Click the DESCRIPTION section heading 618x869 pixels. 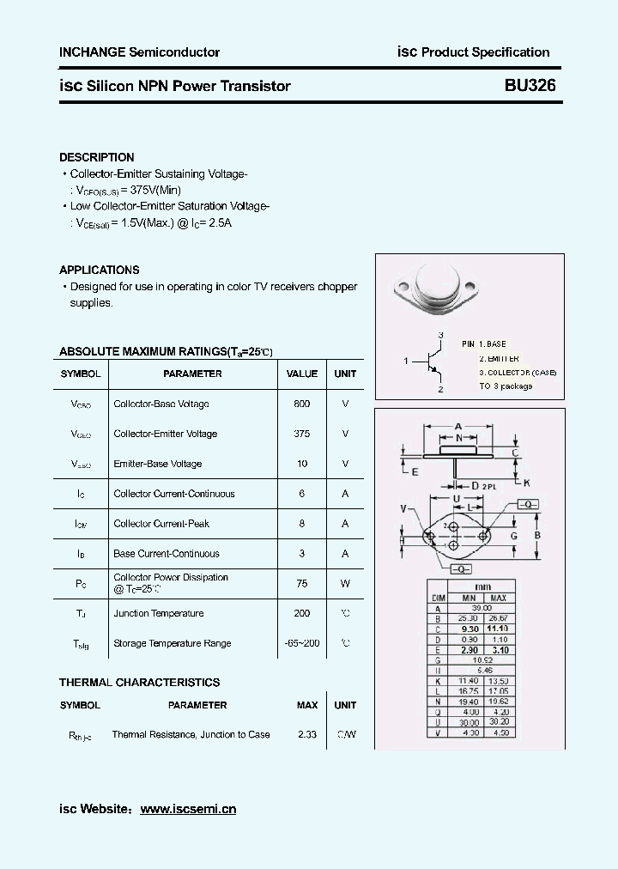tap(96, 157)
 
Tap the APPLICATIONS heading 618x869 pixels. tap(99, 270)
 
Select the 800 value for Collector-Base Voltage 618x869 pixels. tap(301, 404)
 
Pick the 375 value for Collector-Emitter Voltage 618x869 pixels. tap(301, 434)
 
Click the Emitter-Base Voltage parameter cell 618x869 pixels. tap(158, 464)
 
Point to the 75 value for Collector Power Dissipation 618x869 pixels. tap(301, 583)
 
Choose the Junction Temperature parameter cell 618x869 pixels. tap(159, 613)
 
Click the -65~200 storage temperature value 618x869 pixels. tap(301, 643)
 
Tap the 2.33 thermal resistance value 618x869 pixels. tap(306, 734)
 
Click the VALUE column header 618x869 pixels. tap(301, 374)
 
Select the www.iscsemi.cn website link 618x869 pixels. tap(187, 809)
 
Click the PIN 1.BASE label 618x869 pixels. tap(484, 343)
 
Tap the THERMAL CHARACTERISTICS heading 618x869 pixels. tap(139, 683)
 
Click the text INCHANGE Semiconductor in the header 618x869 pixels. tap(139, 52)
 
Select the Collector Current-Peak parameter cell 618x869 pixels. tap(161, 524)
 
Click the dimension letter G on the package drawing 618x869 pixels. tap(513, 537)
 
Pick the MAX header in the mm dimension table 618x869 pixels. tap(498, 598)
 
